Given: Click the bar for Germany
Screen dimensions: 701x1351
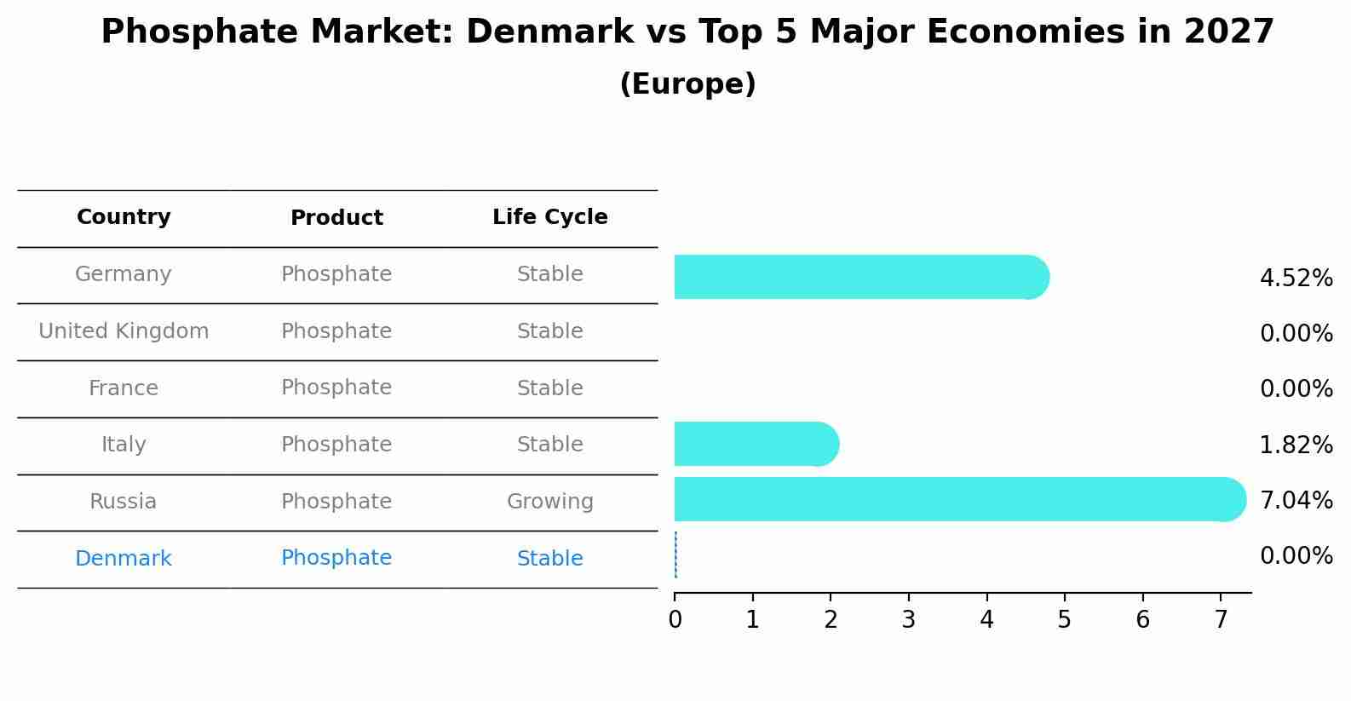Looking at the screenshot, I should [x=860, y=277].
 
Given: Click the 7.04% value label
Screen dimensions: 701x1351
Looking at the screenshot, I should [x=1296, y=500].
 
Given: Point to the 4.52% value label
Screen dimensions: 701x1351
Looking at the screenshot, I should [x=1296, y=279].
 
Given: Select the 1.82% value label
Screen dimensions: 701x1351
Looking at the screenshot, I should [x=1296, y=445].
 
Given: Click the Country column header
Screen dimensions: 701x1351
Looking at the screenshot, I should [x=124, y=217].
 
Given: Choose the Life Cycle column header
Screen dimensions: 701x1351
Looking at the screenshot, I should [x=549, y=217].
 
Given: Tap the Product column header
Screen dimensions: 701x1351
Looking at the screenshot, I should [x=336, y=218].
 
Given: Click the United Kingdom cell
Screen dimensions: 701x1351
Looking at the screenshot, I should [x=124, y=331].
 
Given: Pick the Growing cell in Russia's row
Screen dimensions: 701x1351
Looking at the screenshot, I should [x=549, y=502].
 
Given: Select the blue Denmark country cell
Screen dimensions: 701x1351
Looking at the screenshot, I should [x=124, y=559].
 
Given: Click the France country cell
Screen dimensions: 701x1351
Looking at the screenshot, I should [x=124, y=388].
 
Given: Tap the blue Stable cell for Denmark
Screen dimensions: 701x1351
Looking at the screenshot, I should [x=549, y=559].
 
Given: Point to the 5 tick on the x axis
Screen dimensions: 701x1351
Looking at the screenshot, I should [x=1064, y=620].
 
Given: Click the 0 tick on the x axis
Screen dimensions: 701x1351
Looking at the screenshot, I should [x=675, y=620].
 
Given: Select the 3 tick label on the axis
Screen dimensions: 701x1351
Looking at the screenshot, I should [x=908, y=620].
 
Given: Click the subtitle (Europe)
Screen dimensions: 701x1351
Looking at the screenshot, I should [x=687, y=84].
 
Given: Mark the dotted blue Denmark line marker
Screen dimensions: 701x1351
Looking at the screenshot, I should [x=675, y=554].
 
